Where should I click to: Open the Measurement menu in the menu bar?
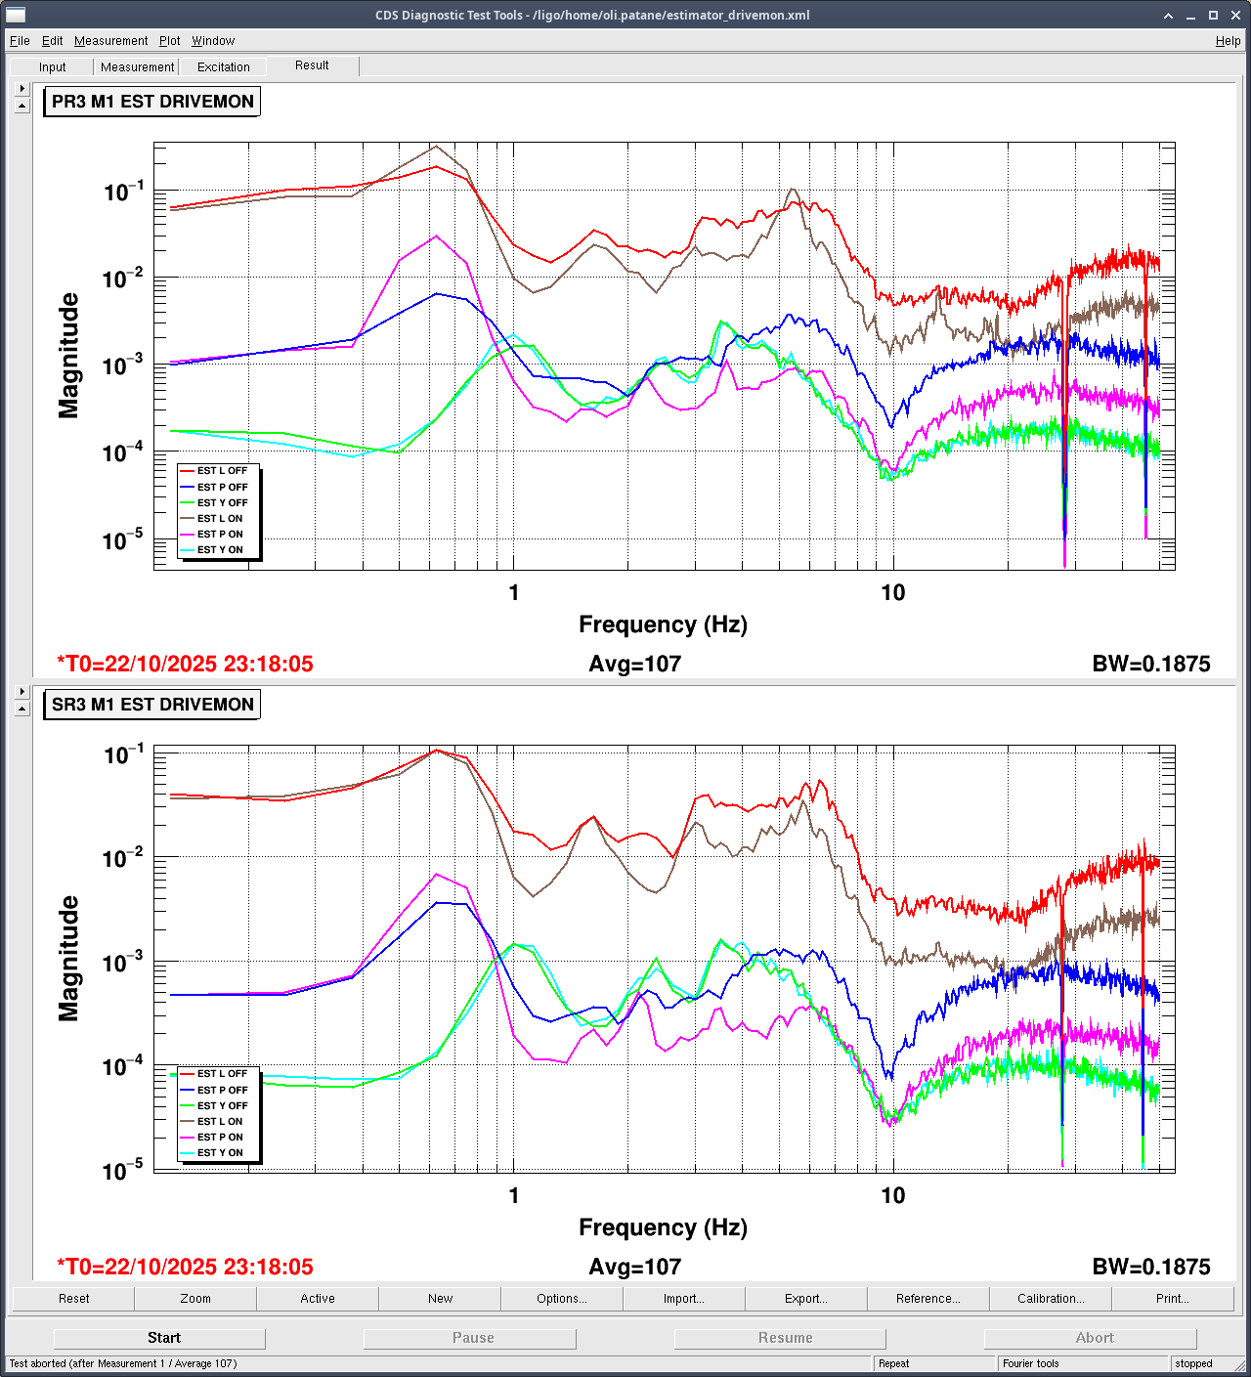pyautogui.click(x=110, y=41)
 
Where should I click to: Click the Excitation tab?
pyautogui.click(x=223, y=67)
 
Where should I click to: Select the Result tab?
pyautogui.click(x=312, y=65)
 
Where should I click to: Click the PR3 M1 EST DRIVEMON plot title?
pyautogui.click(x=152, y=102)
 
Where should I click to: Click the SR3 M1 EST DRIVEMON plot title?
pyautogui.click(x=152, y=705)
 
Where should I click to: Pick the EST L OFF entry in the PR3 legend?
pyautogui.click(x=222, y=471)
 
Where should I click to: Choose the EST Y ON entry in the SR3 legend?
pyautogui.click(x=220, y=1153)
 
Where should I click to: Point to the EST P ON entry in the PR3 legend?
pyautogui.click(x=220, y=535)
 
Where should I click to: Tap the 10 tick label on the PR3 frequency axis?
pyautogui.click(x=892, y=593)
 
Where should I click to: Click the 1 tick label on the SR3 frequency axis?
pyautogui.click(x=514, y=1196)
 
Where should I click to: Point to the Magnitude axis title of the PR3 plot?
pyautogui.click(x=68, y=356)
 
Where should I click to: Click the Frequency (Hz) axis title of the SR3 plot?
pyautogui.click(x=663, y=1227)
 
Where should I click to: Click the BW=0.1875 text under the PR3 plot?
pyautogui.click(x=1150, y=665)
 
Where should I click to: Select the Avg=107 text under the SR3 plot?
pyautogui.click(x=634, y=1268)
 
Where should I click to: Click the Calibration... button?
pyautogui.click(x=1051, y=1299)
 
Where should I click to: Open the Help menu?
pyautogui.click(x=1228, y=41)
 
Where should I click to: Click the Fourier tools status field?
pyautogui.click(x=1031, y=1363)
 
